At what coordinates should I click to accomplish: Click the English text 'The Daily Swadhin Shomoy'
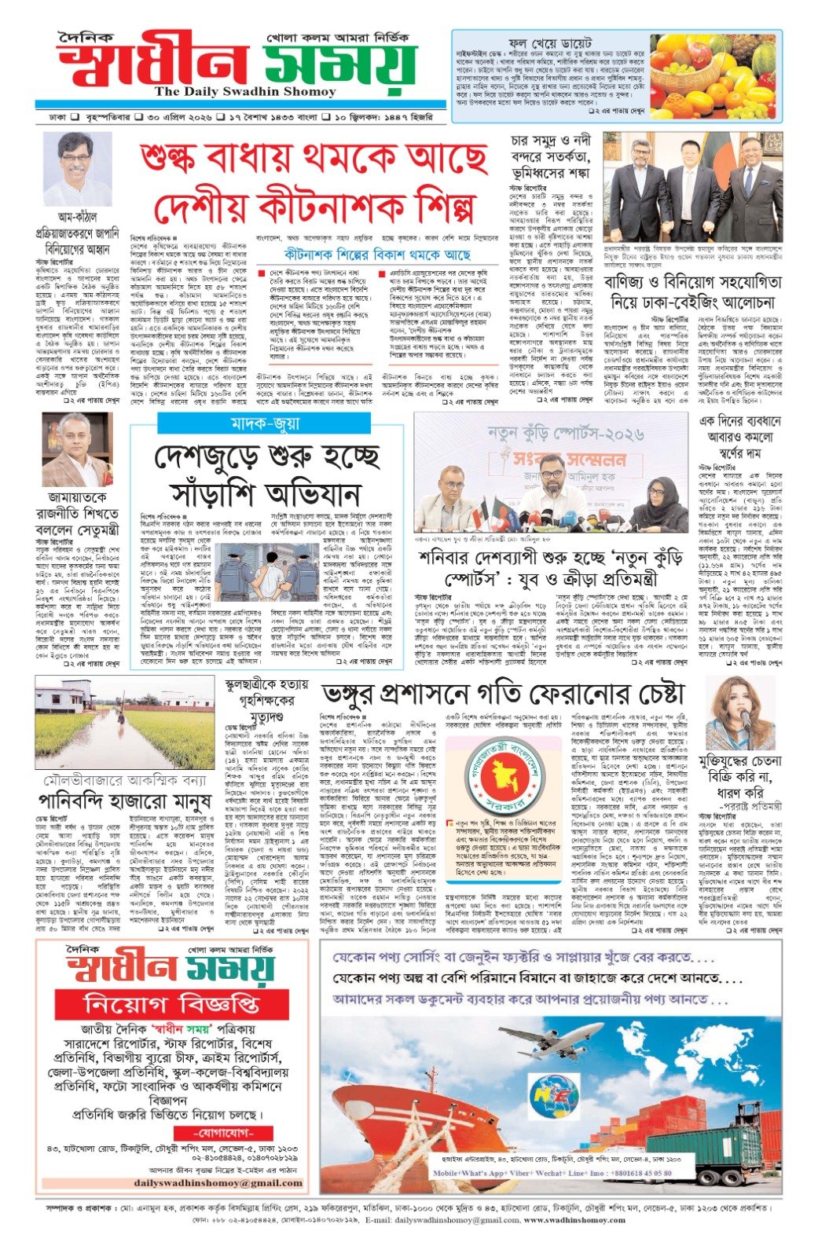coord(234,92)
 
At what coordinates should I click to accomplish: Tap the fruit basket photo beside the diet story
coord(714,75)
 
